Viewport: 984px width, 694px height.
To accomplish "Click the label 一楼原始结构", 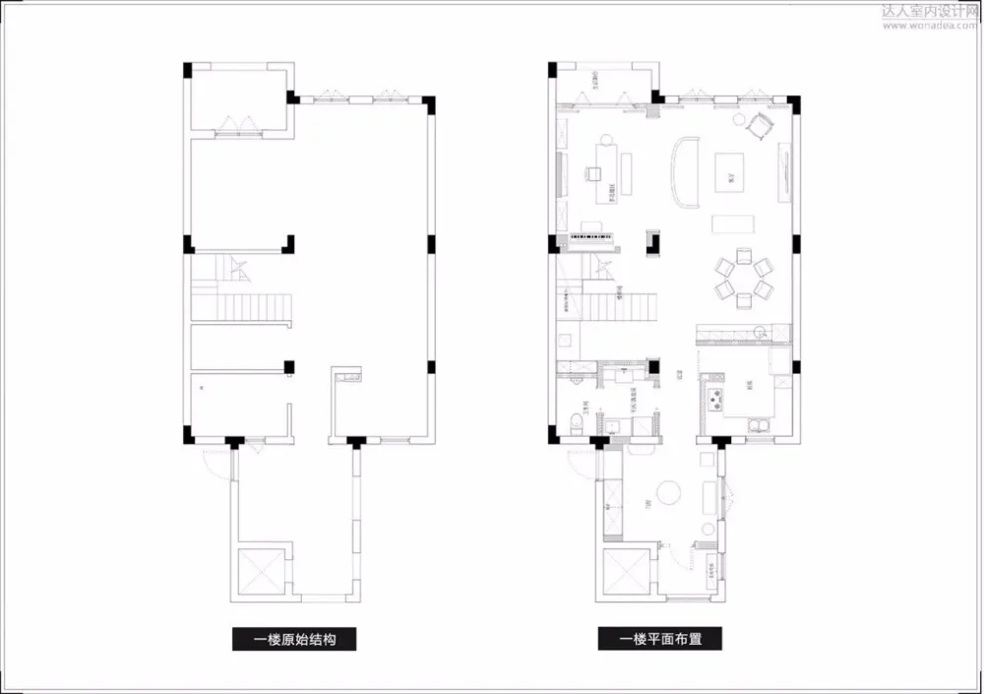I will coord(294,639).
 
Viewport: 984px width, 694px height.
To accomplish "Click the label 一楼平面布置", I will coord(660,639).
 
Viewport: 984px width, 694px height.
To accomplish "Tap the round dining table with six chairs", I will coord(744,279).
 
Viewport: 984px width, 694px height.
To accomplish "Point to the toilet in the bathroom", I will coord(575,424).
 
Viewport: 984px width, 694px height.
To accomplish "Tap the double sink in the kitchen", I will coord(760,424).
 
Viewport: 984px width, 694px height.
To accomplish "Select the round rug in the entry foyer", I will coord(670,491).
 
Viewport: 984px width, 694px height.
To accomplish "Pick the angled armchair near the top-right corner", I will coord(759,126).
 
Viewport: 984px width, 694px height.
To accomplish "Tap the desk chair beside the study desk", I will coord(593,174).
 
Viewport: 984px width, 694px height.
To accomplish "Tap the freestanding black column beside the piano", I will coord(650,241).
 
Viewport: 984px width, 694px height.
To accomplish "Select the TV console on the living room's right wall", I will coord(785,166).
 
